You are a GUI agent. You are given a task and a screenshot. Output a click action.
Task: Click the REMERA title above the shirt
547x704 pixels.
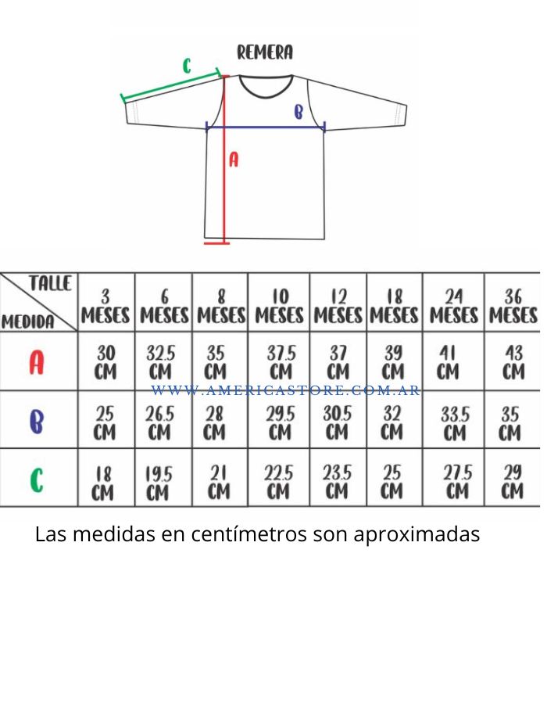pos(265,52)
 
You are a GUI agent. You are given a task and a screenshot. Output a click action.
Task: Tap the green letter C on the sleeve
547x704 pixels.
pos(188,66)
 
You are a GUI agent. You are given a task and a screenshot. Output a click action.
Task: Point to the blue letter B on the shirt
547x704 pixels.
pos(299,111)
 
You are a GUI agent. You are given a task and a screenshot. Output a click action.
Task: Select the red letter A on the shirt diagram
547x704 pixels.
pos(234,160)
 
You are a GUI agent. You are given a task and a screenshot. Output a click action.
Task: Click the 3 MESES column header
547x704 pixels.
pos(105,306)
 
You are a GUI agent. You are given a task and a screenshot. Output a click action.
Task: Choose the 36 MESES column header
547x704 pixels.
pos(513,306)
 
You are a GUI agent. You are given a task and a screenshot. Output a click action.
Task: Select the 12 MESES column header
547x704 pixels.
pos(338,306)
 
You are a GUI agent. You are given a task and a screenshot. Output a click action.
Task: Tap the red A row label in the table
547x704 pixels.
pos(37,362)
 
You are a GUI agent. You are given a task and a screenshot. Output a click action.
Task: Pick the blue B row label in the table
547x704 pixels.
pos(36,422)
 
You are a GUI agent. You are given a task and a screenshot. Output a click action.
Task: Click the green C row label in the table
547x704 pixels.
pos(37,480)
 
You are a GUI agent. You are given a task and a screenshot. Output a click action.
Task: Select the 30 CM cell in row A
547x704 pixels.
pos(105,362)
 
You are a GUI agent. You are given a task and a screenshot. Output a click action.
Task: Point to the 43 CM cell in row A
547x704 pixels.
pos(513,362)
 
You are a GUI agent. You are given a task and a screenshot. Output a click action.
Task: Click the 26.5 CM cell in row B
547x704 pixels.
pos(159,423)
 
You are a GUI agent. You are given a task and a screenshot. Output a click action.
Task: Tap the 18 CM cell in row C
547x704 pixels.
pos(102,483)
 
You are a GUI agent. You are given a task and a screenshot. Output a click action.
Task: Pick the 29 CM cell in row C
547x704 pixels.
pos(512,482)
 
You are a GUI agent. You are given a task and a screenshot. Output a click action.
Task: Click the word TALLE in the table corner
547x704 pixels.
pos(50,283)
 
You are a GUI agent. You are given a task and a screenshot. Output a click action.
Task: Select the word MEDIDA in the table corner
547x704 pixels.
pos(28,321)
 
